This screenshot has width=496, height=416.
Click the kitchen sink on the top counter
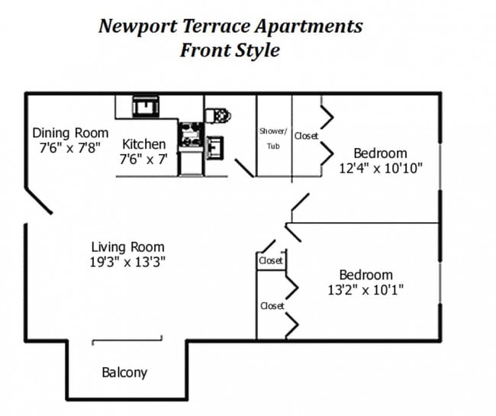tap(144, 106)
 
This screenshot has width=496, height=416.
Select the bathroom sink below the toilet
tap(214, 144)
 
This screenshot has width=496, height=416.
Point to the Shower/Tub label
tap(272, 138)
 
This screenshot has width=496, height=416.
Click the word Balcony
tap(124, 373)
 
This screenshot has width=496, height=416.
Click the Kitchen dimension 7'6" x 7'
tap(143, 160)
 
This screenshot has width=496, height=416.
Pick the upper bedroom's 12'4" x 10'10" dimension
tap(380, 168)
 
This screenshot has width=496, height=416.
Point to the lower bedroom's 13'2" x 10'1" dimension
tap(366, 290)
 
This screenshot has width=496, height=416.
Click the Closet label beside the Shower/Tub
tap(306, 136)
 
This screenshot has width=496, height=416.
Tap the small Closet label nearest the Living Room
tap(270, 261)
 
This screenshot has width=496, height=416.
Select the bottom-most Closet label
tap(272, 306)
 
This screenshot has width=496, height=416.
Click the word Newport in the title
tap(138, 26)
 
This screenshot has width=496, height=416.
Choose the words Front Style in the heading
tap(230, 51)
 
